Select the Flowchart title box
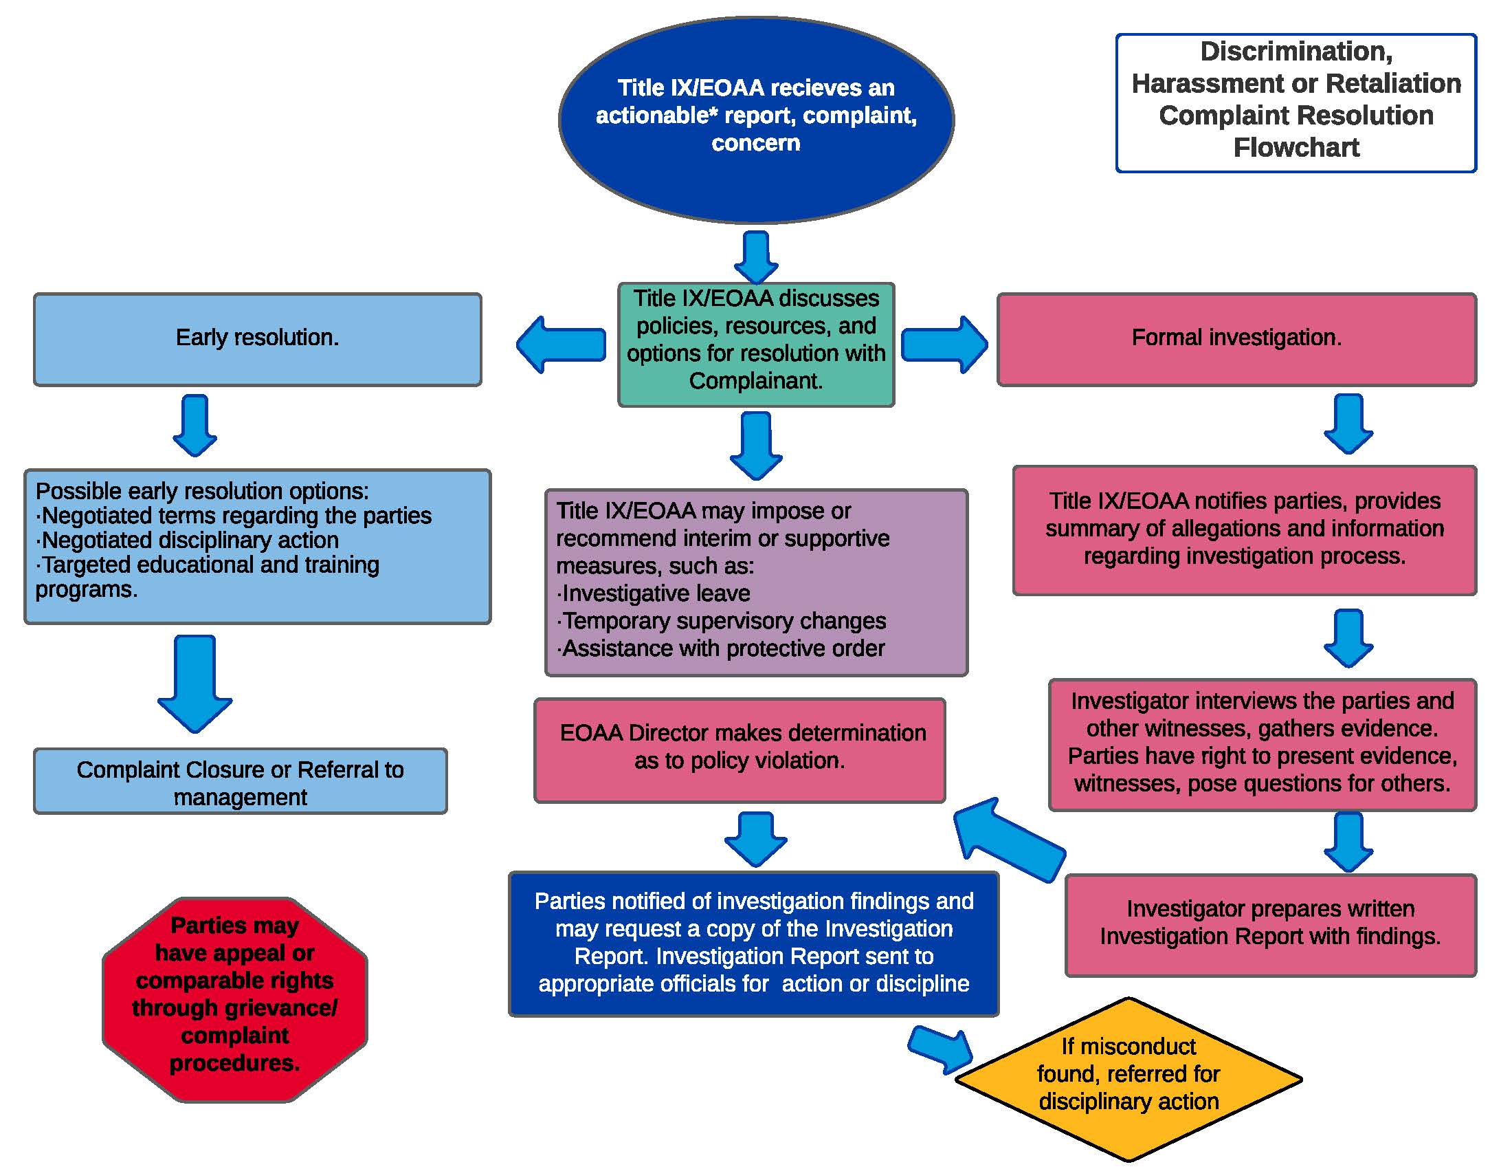point(1296,102)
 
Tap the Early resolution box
point(258,339)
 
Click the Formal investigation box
point(1236,339)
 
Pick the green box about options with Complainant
point(756,345)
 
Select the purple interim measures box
point(756,582)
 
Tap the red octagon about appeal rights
point(234,999)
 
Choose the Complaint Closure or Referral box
point(241,781)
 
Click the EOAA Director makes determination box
point(740,750)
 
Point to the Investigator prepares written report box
point(1270,925)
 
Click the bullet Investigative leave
point(654,593)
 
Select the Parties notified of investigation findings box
point(753,943)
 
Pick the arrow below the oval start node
point(756,257)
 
